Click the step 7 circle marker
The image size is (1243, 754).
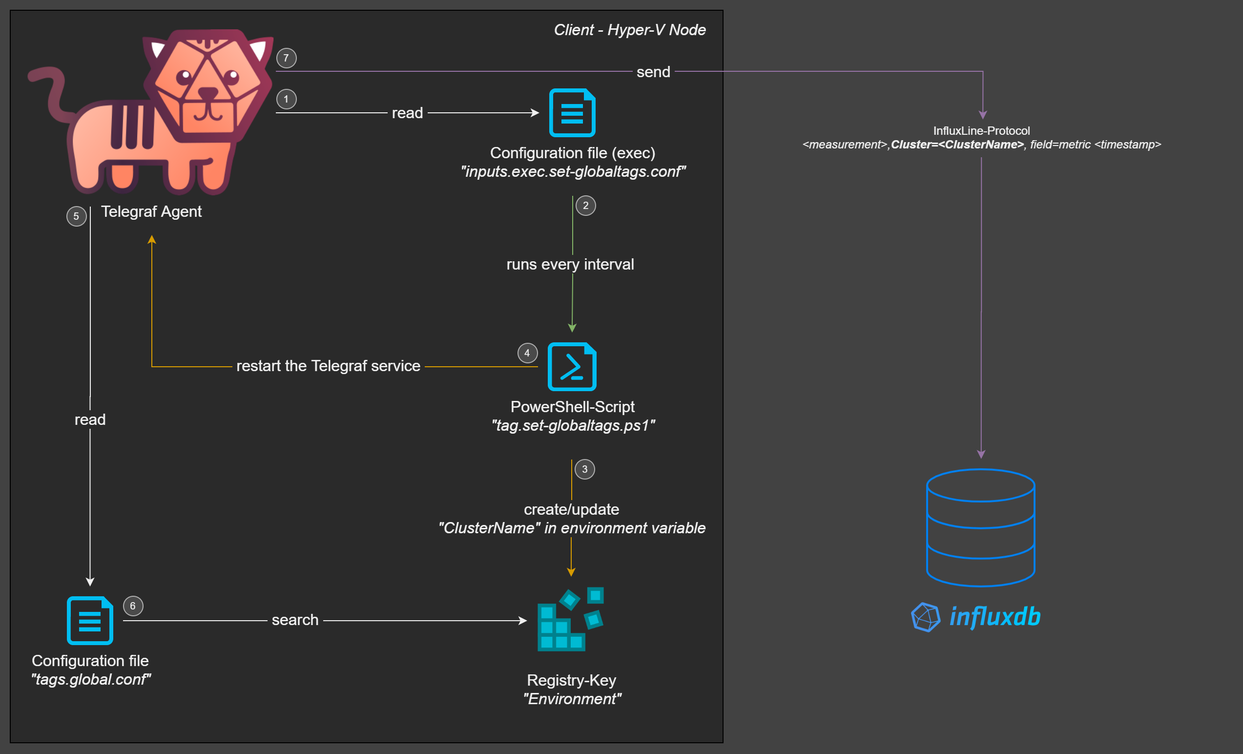point(286,58)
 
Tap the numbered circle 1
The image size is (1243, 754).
point(286,99)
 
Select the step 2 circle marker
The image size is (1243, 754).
point(585,206)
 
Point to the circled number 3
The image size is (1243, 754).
point(584,469)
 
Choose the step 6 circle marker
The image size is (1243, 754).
point(133,606)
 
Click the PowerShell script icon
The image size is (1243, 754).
point(572,366)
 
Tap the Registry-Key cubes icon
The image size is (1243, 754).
point(571,619)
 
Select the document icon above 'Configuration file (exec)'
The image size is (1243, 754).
point(572,112)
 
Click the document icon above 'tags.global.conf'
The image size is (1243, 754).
point(90,620)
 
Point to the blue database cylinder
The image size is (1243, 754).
point(981,527)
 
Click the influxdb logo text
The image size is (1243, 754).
point(995,617)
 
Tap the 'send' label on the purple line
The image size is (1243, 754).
point(653,72)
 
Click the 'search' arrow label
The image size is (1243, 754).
point(295,620)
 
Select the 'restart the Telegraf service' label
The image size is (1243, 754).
point(329,366)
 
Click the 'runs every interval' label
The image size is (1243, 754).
point(570,264)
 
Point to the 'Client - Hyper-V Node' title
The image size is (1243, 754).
point(630,30)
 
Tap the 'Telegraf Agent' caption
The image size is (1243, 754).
point(151,211)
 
